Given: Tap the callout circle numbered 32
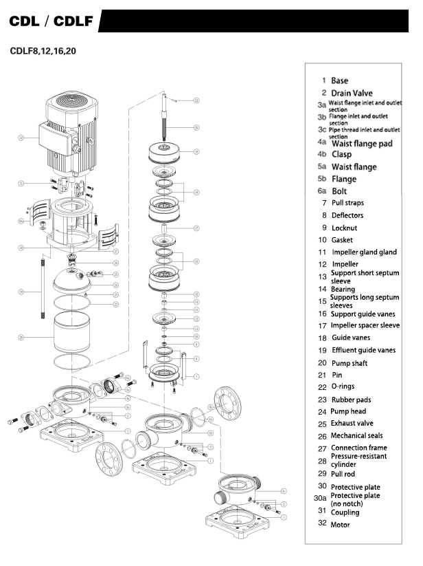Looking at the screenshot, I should click(x=22, y=138).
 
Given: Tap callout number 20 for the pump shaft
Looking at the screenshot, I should click(x=196, y=127).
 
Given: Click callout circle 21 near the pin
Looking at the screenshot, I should click(x=196, y=100).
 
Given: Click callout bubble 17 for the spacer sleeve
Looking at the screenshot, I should click(x=196, y=228).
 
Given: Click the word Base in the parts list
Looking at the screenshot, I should click(x=339, y=80).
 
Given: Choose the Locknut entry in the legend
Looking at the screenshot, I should click(x=344, y=228).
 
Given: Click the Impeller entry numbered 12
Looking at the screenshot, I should click(x=345, y=264).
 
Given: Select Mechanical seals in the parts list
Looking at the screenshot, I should click(x=357, y=435).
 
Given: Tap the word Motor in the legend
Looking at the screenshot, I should click(x=340, y=525).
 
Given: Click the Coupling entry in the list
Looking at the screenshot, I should click(x=345, y=512).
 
